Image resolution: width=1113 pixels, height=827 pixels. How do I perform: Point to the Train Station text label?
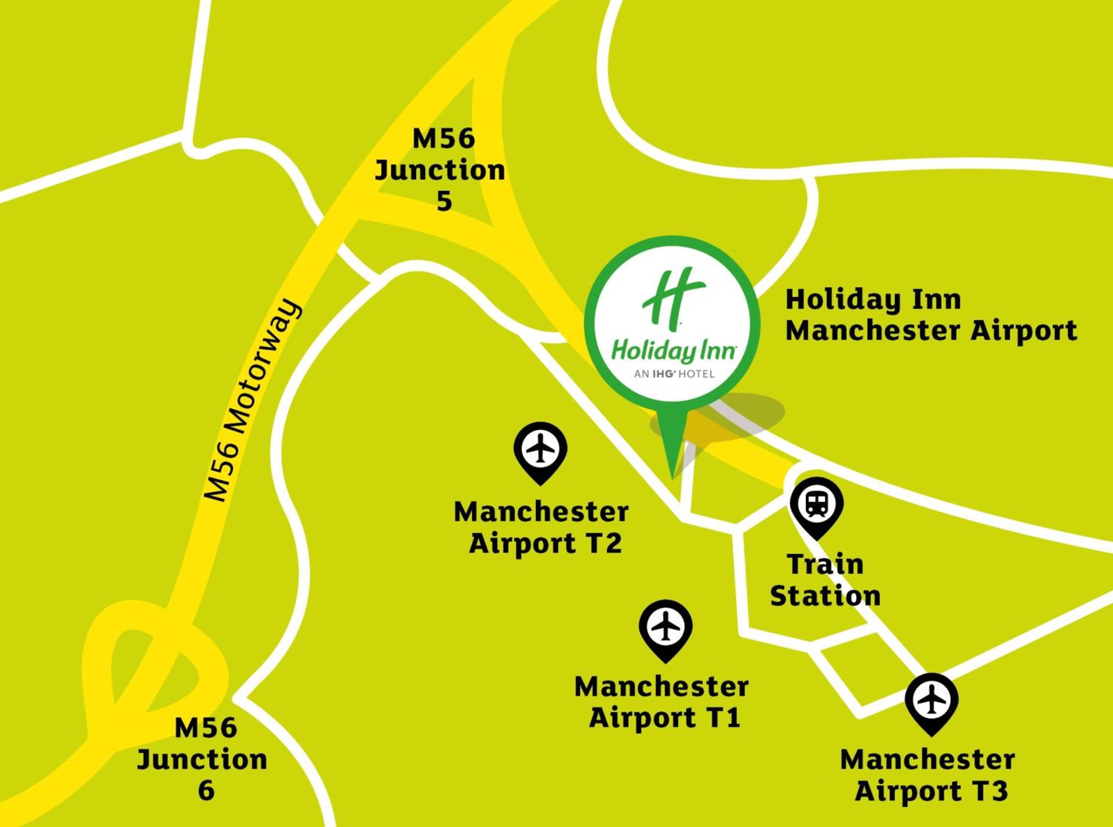825,580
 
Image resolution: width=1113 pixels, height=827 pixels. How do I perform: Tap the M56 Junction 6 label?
203,759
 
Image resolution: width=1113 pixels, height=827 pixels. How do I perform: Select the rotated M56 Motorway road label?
253,400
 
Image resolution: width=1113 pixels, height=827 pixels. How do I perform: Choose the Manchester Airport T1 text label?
662,702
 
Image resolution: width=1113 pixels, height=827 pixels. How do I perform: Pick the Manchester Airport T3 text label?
929,775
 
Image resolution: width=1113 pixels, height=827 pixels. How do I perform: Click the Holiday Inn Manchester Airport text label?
930,315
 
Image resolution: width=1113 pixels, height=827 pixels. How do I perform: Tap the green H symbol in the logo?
674,298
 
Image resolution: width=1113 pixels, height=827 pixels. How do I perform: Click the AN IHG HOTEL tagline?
674,374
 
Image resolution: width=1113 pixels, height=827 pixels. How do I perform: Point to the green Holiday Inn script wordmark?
674,351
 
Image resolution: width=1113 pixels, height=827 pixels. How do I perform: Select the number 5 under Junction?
444,201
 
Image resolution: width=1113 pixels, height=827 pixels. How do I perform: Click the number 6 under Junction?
206,790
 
